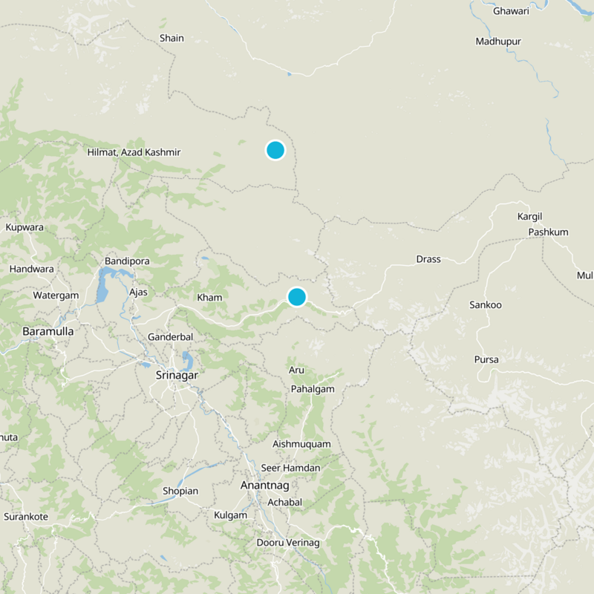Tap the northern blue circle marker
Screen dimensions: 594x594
coord(275,150)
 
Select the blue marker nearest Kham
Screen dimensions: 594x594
coord(296,297)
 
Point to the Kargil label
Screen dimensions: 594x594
coord(530,216)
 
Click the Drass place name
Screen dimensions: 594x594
coord(428,259)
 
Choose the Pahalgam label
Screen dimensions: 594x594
coord(313,389)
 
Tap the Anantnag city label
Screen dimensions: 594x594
coord(266,485)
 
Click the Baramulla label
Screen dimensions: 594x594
coord(48,331)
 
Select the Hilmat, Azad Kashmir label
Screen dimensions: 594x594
coord(134,152)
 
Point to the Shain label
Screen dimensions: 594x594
coord(172,38)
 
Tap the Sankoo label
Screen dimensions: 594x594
coord(486,305)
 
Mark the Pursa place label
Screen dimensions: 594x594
coord(486,359)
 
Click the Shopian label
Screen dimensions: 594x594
coord(180,491)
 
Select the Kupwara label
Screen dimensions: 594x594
coord(25,227)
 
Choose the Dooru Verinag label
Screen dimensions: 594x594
coord(287,543)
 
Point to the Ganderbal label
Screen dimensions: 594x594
coord(171,336)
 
